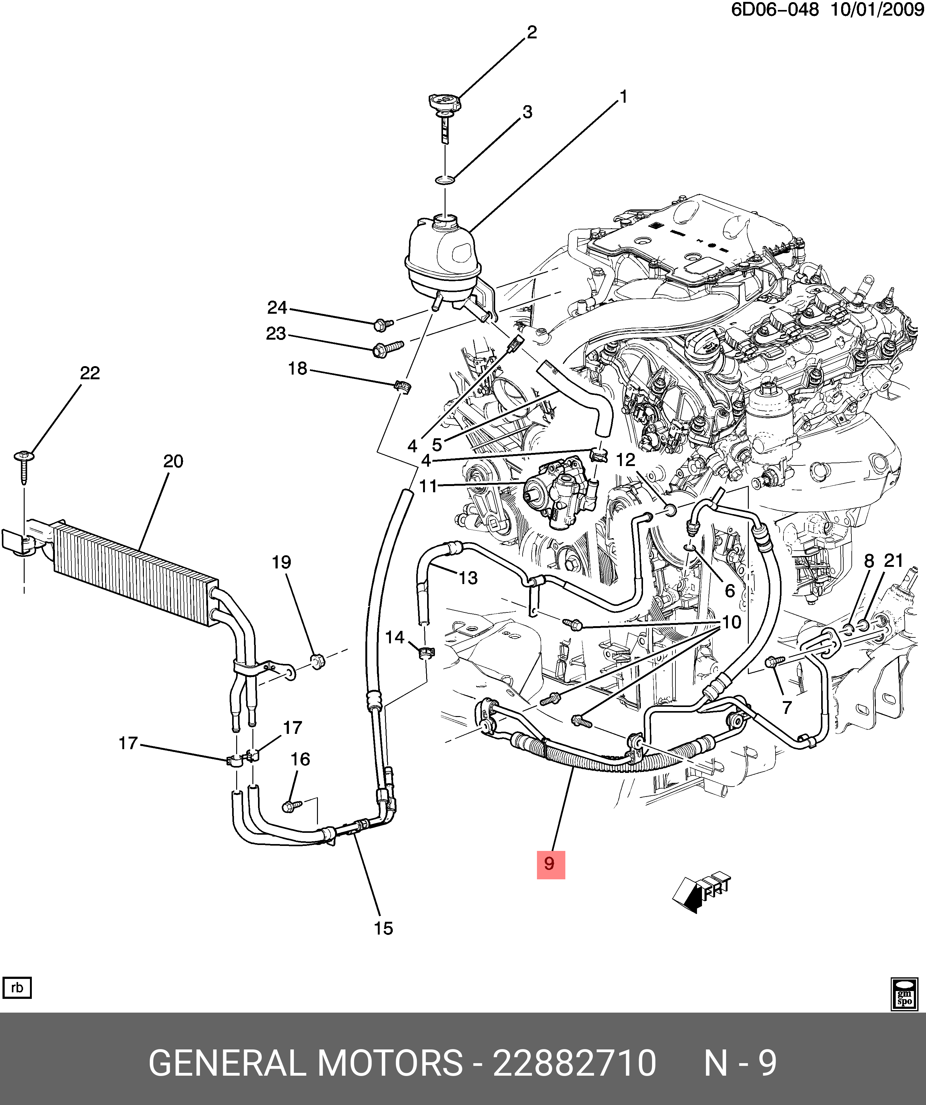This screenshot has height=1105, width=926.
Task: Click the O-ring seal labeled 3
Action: (x=445, y=180)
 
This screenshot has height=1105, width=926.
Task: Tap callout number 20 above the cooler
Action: (x=173, y=461)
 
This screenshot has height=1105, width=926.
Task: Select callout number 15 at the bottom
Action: (x=383, y=929)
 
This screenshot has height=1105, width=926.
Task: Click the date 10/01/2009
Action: (x=877, y=9)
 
